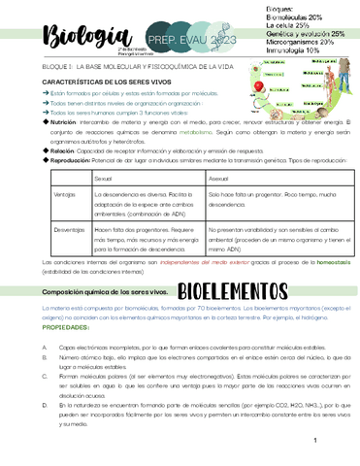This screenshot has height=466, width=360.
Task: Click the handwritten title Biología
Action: [x=60, y=33]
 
